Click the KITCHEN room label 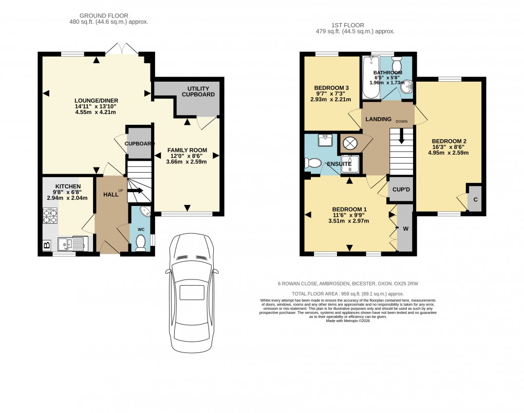68,186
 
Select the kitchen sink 71,243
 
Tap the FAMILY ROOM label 187,150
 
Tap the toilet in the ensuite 312,163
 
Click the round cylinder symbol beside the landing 350,143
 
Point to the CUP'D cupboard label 401,189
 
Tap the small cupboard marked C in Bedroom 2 475,200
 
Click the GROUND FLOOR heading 107,16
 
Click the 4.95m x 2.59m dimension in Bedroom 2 450,153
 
